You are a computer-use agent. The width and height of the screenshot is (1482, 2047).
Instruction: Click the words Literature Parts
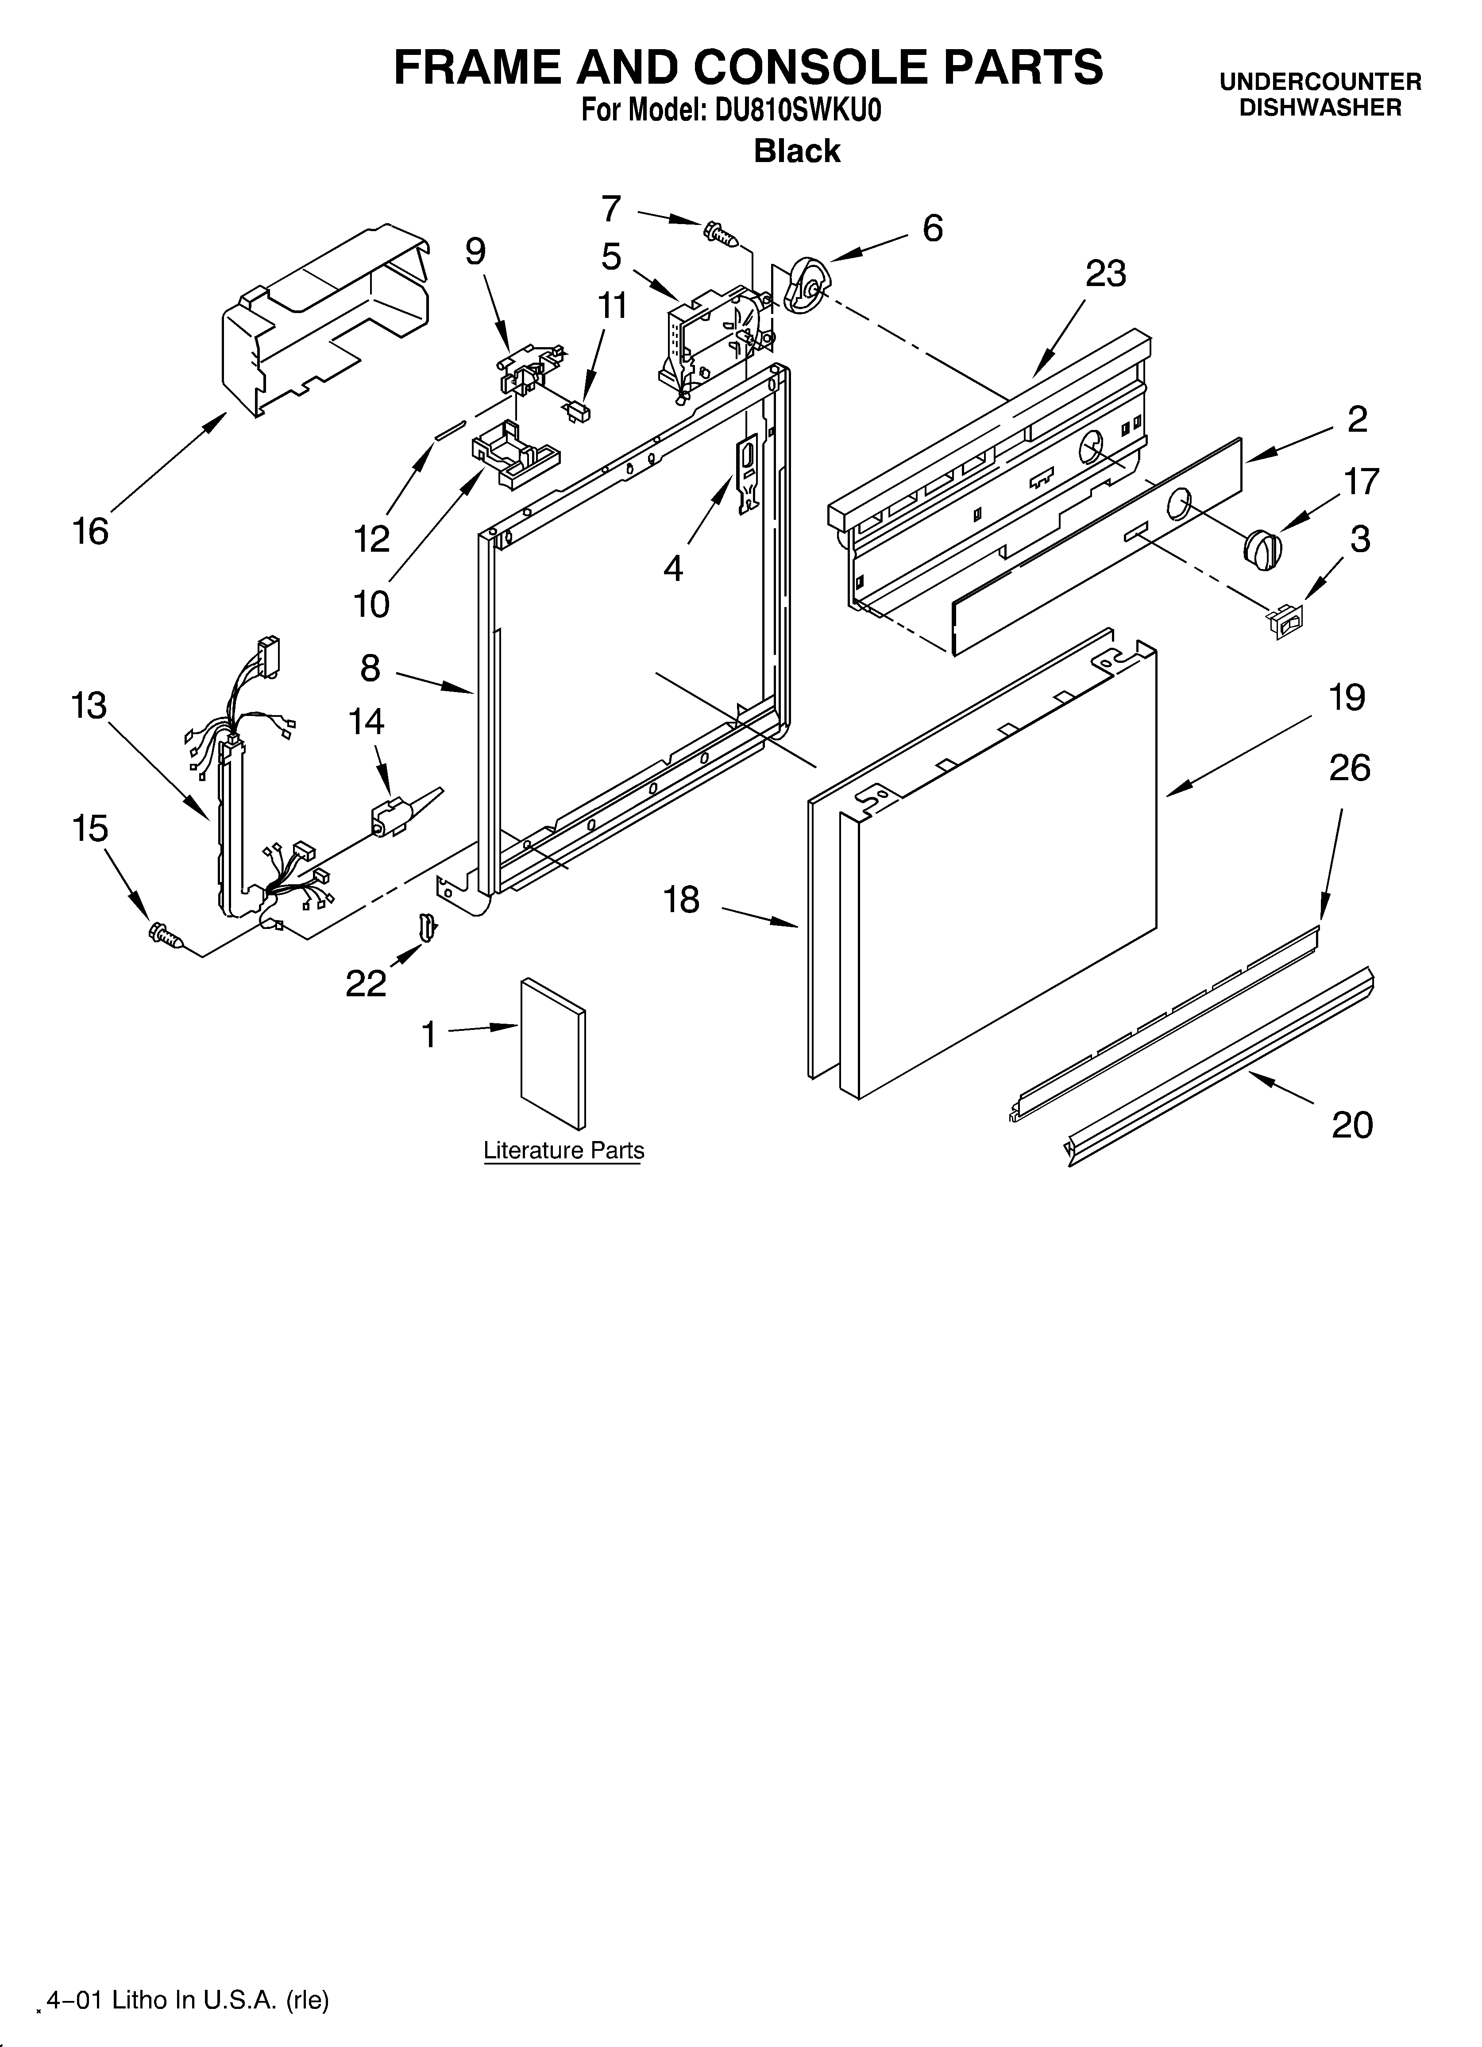click(x=563, y=1151)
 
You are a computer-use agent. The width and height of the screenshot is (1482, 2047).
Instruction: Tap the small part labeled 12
click(x=449, y=430)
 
